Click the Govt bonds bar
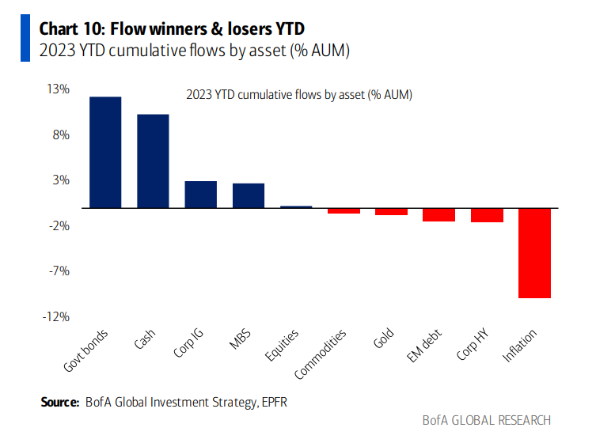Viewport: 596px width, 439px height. click(x=105, y=152)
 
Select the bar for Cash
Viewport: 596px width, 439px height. click(x=153, y=161)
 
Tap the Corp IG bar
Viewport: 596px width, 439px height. click(x=200, y=195)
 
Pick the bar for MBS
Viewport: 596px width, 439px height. click(x=248, y=195)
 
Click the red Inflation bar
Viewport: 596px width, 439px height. click(x=534, y=253)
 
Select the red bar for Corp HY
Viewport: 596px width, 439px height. click(x=487, y=215)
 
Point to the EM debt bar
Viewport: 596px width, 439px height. click(x=438, y=214)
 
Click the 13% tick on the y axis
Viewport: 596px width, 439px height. click(x=59, y=89)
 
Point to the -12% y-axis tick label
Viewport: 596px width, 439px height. click(x=57, y=317)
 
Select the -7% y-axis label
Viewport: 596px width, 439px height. click(x=59, y=271)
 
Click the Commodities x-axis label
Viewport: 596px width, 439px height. click(x=321, y=353)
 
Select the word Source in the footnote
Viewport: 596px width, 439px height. click(x=59, y=403)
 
